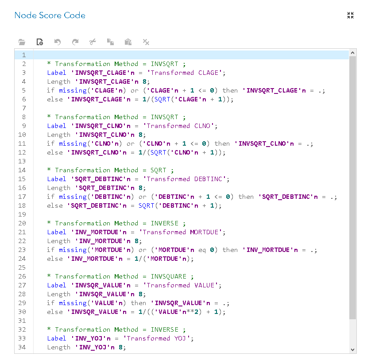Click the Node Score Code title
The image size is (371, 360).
pyautogui.click(x=50, y=15)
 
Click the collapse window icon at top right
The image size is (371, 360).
pyautogui.click(x=351, y=15)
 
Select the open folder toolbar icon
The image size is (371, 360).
pyautogui.click(x=22, y=42)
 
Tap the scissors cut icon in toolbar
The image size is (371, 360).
pyautogui.click(x=93, y=42)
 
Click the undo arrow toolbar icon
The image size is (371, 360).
pyautogui.click(x=58, y=42)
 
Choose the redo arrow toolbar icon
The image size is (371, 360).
pyautogui.click(x=75, y=42)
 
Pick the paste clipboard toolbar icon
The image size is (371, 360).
pyautogui.click(x=128, y=42)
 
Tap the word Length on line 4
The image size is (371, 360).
pyautogui.click(x=59, y=81)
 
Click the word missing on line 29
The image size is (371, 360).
pyautogui.click(x=73, y=303)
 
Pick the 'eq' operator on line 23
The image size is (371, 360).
pyautogui.click(x=202, y=250)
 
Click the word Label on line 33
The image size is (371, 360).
pyautogui.click(x=57, y=338)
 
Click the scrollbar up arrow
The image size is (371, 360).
pyautogui.click(x=353, y=53)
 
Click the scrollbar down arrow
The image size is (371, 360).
pyautogui.click(x=353, y=349)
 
